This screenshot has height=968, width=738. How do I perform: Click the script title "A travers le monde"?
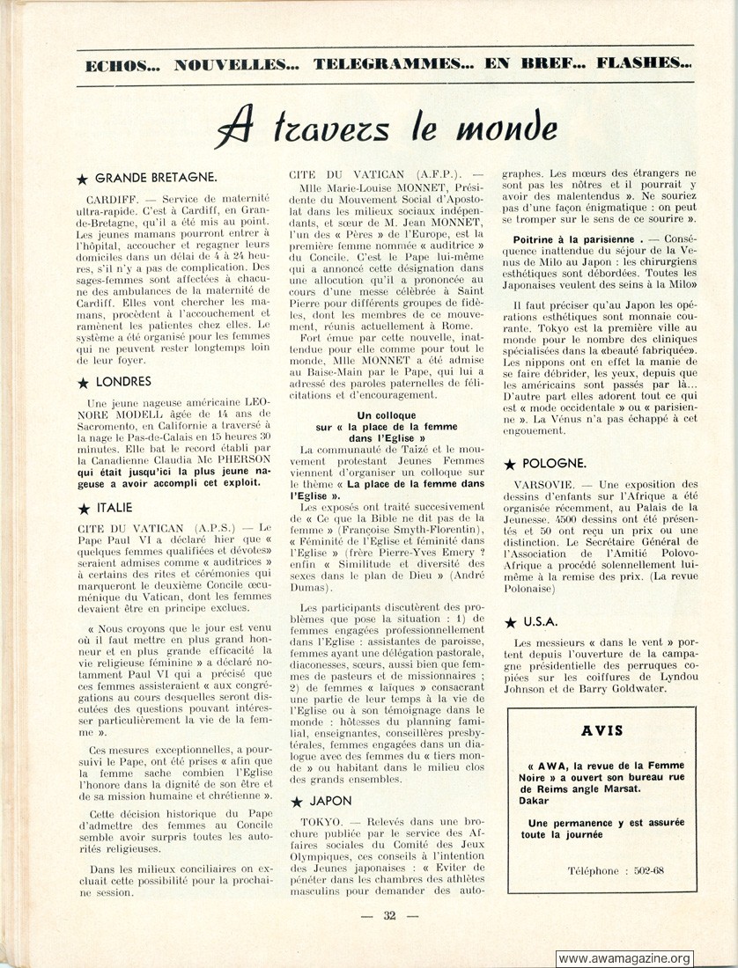(x=386, y=129)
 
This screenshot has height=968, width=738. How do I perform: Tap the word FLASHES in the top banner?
(x=642, y=63)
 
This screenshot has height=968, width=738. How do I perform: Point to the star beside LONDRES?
(x=83, y=383)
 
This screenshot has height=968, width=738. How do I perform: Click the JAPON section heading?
(x=329, y=801)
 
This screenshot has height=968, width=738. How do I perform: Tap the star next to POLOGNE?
(x=510, y=464)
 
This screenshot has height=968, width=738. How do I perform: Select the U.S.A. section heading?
(x=540, y=621)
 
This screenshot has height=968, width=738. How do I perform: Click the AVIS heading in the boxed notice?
(x=602, y=730)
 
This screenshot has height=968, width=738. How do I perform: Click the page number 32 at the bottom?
(x=389, y=916)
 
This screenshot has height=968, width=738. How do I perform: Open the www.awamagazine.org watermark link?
(x=624, y=958)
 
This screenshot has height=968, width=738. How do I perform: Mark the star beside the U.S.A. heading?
(x=510, y=622)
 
